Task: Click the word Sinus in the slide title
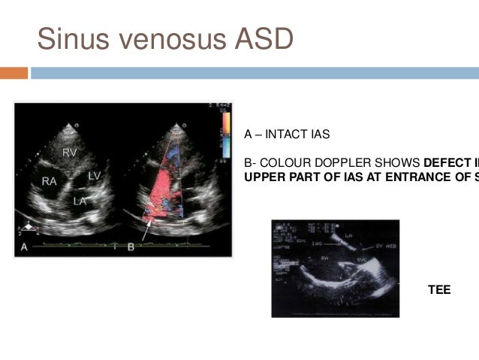point(71,38)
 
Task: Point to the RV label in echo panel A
point(70,153)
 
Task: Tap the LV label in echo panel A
point(95,174)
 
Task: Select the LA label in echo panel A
point(79,201)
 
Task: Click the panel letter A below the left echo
point(26,247)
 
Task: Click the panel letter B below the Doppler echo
point(131,247)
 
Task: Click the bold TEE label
point(439,289)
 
